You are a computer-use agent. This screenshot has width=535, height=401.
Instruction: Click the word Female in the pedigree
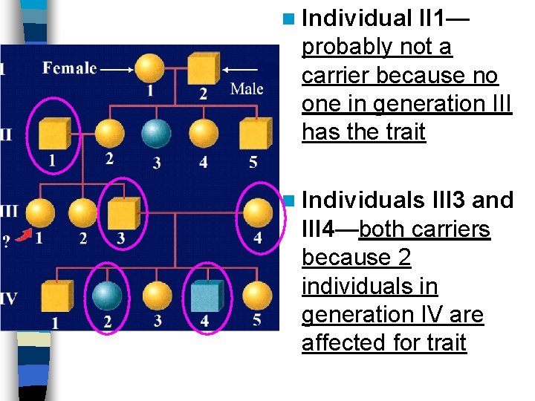pyautogui.click(x=70, y=68)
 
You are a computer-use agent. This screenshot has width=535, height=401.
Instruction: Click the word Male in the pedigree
pyautogui.click(x=247, y=89)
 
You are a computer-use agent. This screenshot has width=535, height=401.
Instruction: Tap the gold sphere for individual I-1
pyautogui.click(x=151, y=68)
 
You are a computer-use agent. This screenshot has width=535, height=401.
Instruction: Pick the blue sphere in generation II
pyautogui.click(x=156, y=134)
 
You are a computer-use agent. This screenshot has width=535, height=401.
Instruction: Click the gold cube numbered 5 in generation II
pyautogui.click(x=255, y=134)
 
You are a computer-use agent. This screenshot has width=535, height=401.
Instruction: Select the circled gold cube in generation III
pyautogui.click(x=123, y=213)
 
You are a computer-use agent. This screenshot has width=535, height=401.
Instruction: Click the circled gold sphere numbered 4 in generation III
pyautogui.click(x=257, y=213)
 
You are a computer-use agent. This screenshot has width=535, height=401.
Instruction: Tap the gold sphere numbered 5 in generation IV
pyautogui.click(x=257, y=295)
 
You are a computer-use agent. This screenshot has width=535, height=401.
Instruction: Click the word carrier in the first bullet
pyautogui.click(x=335, y=76)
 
